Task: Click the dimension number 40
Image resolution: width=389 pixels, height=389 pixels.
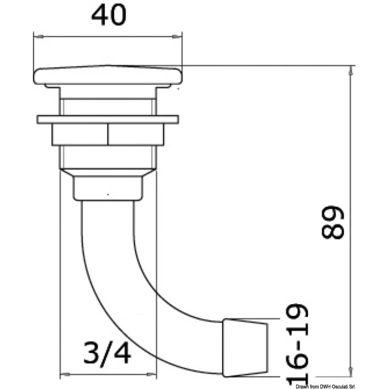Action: point(109,15)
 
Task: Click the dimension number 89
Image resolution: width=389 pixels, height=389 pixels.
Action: point(333,222)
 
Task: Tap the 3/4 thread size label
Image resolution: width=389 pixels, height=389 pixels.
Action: point(107,353)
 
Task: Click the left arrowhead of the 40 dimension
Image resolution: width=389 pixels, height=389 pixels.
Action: point(38,36)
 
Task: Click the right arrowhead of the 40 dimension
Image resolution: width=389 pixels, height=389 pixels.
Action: point(177,36)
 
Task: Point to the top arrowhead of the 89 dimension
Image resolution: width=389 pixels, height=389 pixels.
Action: point(351,70)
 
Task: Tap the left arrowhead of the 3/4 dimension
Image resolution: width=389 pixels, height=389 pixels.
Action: point(65,374)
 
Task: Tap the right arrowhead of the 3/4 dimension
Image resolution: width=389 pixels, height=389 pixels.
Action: point(152,374)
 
